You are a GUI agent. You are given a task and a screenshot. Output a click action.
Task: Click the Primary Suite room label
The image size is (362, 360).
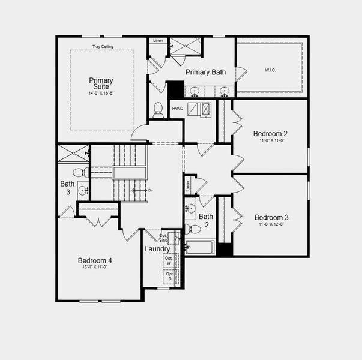(x=101, y=83)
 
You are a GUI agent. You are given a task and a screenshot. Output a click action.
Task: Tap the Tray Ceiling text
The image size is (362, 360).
(x=103, y=46)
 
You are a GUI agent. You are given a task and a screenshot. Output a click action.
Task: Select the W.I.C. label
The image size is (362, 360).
(x=270, y=70)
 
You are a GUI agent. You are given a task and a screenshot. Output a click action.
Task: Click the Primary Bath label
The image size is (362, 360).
(x=205, y=73)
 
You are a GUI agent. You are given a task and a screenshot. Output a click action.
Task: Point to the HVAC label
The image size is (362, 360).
(x=177, y=109)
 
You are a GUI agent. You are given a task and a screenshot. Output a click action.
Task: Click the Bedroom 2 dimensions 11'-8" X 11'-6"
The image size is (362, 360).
(x=270, y=140)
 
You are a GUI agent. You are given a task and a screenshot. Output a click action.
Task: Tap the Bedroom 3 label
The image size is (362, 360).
(x=271, y=217)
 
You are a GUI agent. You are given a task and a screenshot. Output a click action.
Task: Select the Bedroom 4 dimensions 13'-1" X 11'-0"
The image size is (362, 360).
(x=94, y=268)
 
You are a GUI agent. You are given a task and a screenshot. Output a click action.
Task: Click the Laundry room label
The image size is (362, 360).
(x=157, y=248)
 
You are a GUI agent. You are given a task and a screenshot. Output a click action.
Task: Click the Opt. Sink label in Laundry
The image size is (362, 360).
(x=164, y=238)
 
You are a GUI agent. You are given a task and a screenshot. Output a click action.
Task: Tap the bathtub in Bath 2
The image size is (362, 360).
(x=201, y=247)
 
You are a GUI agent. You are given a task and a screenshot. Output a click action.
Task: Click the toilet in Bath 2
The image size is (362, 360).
(x=193, y=229)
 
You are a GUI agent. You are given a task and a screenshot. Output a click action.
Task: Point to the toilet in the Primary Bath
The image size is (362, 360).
(x=158, y=109)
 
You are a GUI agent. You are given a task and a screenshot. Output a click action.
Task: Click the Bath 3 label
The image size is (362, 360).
(x=67, y=187)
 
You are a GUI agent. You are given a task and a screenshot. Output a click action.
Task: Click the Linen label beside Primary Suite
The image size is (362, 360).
(x=158, y=41)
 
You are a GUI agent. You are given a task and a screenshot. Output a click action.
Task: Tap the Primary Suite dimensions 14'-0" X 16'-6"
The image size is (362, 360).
(x=101, y=94)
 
